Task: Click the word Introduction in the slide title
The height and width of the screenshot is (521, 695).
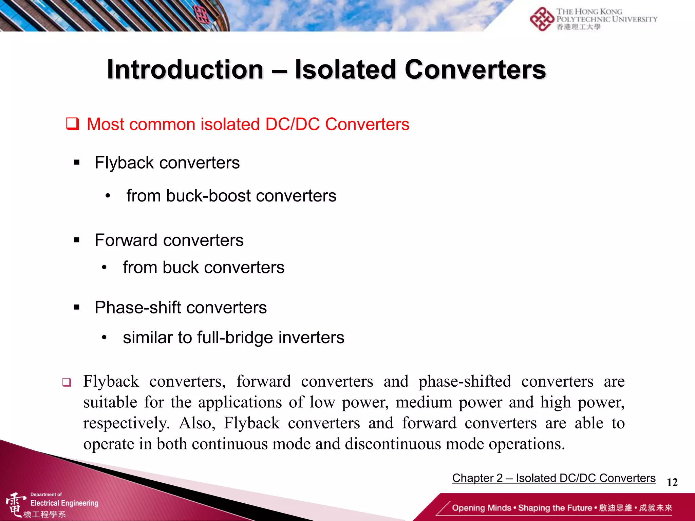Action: click(x=185, y=70)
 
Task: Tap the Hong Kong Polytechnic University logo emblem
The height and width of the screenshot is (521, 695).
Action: click(x=542, y=19)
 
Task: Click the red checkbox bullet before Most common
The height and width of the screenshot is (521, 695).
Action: click(x=72, y=124)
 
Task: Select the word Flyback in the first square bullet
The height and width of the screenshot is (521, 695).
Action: click(x=124, y=163)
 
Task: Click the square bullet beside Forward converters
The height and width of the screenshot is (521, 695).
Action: click(x=77, y=240)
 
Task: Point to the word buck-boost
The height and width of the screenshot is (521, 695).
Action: click(x=208, y=196)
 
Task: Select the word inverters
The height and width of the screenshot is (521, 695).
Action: click(x=311, y=338)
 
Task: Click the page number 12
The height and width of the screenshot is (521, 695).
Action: click(x=672, y=482)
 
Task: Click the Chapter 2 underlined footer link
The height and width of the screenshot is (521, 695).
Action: click(x=553, y=478)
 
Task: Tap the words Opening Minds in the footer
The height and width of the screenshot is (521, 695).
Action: click(x=481, y=508)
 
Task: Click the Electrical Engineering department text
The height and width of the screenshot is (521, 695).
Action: click(x=64, y=503)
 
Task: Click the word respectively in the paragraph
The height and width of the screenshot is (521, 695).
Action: click(x=126, y=423)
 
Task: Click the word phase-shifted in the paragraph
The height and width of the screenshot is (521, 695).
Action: click(x=465, y=382)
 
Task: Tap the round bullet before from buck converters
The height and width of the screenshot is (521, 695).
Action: click(x=104, y=268)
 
